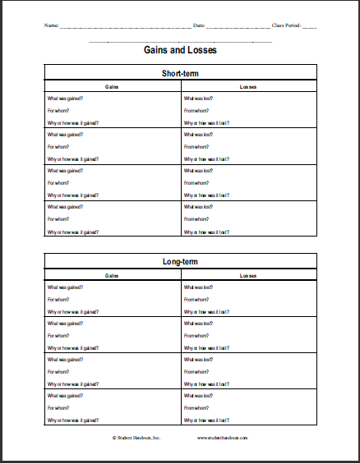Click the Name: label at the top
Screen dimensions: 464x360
52,25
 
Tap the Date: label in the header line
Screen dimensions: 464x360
198,25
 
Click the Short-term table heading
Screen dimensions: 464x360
180,72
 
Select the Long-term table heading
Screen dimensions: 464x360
180,262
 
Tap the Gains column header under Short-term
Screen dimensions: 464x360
113,85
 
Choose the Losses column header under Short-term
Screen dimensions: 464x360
248,85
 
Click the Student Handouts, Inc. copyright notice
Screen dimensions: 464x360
138,438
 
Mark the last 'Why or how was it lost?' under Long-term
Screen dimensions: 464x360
206,420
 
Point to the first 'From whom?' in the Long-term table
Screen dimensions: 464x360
196,300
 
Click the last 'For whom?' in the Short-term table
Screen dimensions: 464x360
58,219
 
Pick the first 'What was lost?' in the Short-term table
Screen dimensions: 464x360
198,99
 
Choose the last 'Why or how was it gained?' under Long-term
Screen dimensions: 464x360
73,420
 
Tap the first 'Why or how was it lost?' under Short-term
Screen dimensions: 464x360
206,123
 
